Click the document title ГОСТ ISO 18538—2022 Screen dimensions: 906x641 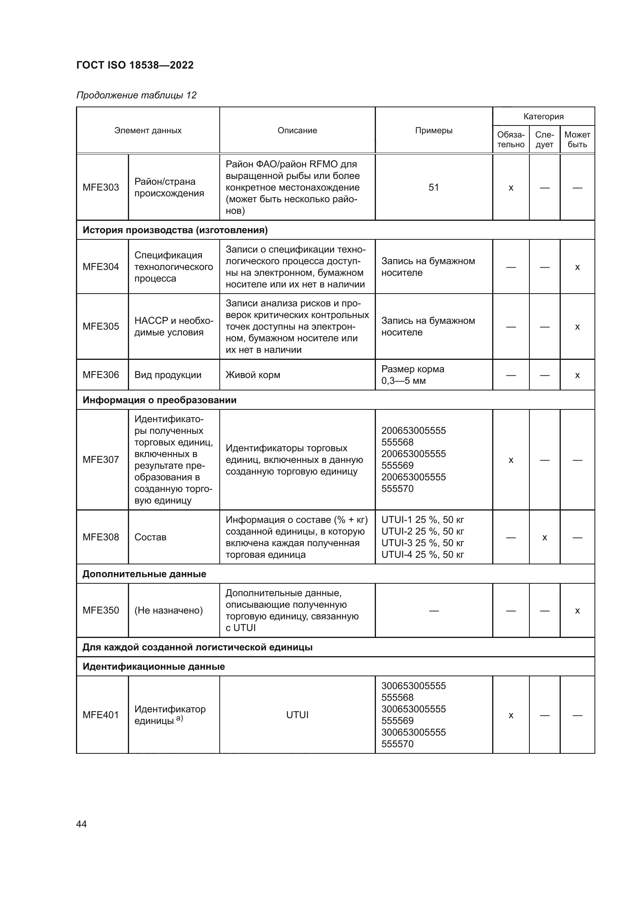click(134, 65)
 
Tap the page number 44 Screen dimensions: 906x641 click(81, 824)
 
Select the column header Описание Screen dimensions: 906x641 click(297, 131)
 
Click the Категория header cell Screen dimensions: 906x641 click(543, 117)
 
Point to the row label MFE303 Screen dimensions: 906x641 click(101, 187)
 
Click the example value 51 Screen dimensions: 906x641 click(433, 187)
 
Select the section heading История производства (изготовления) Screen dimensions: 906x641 click(175, 230)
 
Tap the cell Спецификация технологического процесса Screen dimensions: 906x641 click(173, 267)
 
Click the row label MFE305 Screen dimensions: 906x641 click(101, 326)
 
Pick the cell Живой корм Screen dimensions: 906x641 click(253, 375)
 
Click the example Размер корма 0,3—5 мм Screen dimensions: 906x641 click(412, 375)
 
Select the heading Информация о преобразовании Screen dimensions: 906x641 click(159, 400)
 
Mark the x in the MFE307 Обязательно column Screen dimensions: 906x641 click(511, 460)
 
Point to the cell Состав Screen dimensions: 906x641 click(150, 537)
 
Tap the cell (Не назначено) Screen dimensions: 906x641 click(169, 610)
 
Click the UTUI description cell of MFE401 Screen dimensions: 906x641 click(297, 715)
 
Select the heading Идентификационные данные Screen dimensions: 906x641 click(153, 667)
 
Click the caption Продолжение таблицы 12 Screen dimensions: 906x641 click(136, 95)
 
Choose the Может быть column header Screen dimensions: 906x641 click(577, 140)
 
